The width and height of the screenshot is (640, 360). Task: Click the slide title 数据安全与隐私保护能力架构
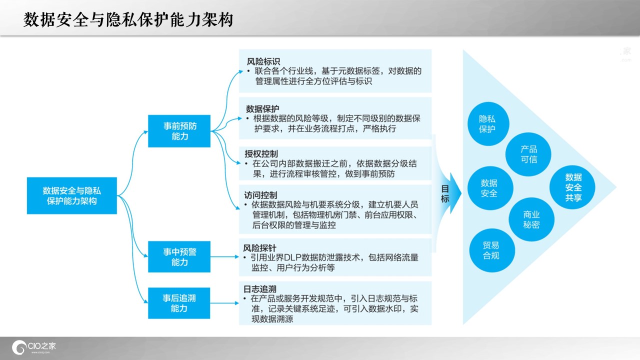click(128, 19)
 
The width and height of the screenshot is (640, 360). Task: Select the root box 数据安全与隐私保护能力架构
click(72, 195)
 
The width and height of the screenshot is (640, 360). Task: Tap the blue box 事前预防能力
click(179, 131)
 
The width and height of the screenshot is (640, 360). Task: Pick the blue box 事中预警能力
click(179, 257)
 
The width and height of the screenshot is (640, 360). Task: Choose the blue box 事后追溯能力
click(179, 303)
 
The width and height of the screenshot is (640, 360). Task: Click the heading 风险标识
click(263, 61)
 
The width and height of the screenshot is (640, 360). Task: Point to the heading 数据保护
click(262, 109)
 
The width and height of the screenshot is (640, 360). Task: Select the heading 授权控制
click(261, 154)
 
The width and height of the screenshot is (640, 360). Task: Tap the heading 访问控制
click(260, 195)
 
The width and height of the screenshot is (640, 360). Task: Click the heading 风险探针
click(259, 248)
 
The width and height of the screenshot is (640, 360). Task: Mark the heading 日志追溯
click(259, 289)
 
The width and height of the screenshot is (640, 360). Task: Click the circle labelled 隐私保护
click(488, 124)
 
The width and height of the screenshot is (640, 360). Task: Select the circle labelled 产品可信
click(528, 154)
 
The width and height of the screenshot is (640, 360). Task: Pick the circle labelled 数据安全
click(490, 188)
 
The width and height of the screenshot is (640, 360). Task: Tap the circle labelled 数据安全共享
click(572, 187)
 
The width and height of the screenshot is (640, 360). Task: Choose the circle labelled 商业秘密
click(531, 219)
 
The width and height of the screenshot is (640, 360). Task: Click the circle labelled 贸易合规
click(492, 250)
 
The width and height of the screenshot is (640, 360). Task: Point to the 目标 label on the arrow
click(445, 193)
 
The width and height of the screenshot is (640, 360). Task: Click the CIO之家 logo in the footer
click(33, 347)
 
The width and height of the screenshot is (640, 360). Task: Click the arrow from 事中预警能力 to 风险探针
click(224, 257)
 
